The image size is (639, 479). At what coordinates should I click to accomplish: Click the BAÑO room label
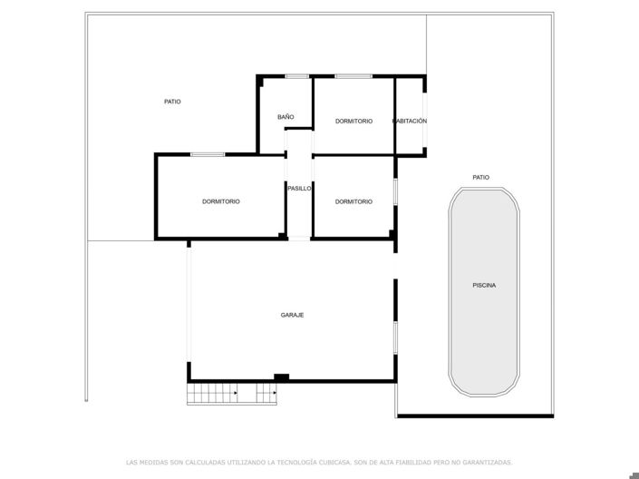pos(286,117)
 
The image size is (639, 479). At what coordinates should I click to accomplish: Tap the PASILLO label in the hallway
pos(299,189)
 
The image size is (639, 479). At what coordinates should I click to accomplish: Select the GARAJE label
pos(292,315)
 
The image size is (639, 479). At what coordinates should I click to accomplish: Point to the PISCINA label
pos(484,286)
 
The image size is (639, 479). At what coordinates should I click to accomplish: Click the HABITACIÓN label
pos(410,121)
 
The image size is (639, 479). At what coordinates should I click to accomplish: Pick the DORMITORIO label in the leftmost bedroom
pos(221,201)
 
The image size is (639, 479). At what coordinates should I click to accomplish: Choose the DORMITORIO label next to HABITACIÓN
pos(353,121)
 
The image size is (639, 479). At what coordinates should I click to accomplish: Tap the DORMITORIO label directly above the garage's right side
pos(353,201)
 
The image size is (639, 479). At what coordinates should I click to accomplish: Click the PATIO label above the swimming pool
pos(480,178)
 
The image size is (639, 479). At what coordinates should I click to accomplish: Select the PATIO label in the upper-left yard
pos(172,102)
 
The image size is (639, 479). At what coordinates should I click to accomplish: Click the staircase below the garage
pos(231,394)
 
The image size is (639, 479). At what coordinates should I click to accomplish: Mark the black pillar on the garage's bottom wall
pos(281,377)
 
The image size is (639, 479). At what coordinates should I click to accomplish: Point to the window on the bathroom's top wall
pos(297,76)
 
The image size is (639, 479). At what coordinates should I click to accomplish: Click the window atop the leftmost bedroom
pos(208,154)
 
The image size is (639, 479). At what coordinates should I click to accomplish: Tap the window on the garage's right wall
pos(395,337)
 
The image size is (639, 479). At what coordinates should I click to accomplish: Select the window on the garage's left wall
pos(189,304)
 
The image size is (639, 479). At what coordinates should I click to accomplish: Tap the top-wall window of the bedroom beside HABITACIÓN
pos(353,76)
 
